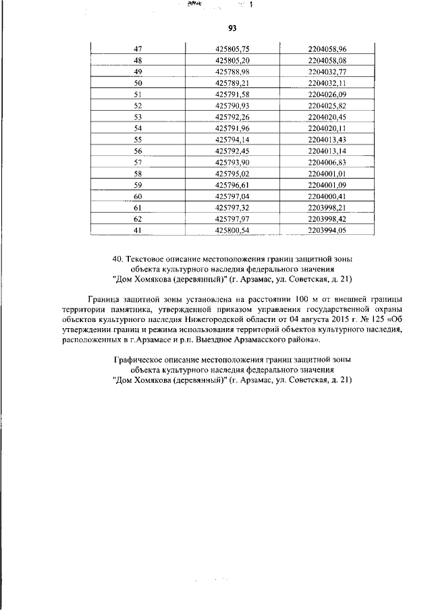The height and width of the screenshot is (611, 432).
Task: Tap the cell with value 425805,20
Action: point(232,60)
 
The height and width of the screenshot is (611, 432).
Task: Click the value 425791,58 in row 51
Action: point(232,94)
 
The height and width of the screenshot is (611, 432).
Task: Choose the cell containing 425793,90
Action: point(232,162)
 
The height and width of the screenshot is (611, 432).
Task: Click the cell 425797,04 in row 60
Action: point(232,196)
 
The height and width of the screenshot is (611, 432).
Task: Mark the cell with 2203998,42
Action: point(327,219)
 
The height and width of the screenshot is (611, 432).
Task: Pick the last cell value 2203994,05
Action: point(327,230)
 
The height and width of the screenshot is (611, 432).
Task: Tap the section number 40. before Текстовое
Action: point(118,259)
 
